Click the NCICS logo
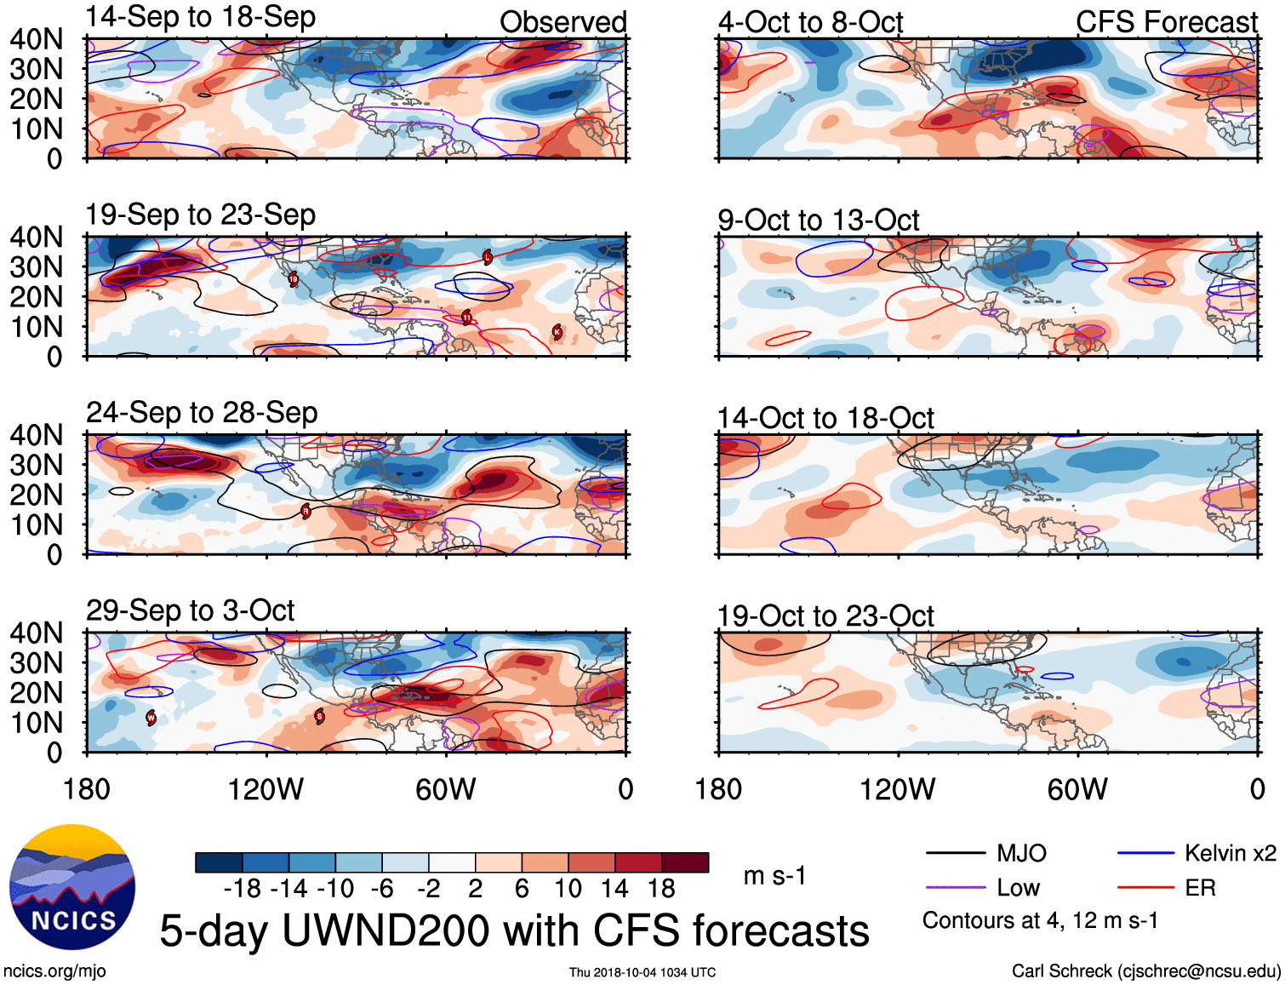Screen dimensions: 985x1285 click(72, 887)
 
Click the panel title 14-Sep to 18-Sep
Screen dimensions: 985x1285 click(200, 17)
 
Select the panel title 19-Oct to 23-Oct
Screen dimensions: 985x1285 click(825, 616)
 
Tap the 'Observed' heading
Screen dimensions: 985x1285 click(563, 22)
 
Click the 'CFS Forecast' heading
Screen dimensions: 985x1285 click(1166, 22)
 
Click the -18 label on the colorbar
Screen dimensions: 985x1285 click(243, 889)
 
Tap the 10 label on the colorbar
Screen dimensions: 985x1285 click(568, 889)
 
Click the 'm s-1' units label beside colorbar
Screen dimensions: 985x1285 click(774, 875)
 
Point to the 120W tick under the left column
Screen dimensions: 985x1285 click(266, 789)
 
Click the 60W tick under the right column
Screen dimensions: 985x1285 click(1077, 789)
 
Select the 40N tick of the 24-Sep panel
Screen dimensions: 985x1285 click(37, 435)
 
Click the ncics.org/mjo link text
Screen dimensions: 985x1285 click(54, 971)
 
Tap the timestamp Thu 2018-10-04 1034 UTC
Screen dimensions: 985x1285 click(642, 972)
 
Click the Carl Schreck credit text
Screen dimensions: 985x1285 click(1145, 971)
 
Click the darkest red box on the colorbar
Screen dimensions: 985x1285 click(685, 862)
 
